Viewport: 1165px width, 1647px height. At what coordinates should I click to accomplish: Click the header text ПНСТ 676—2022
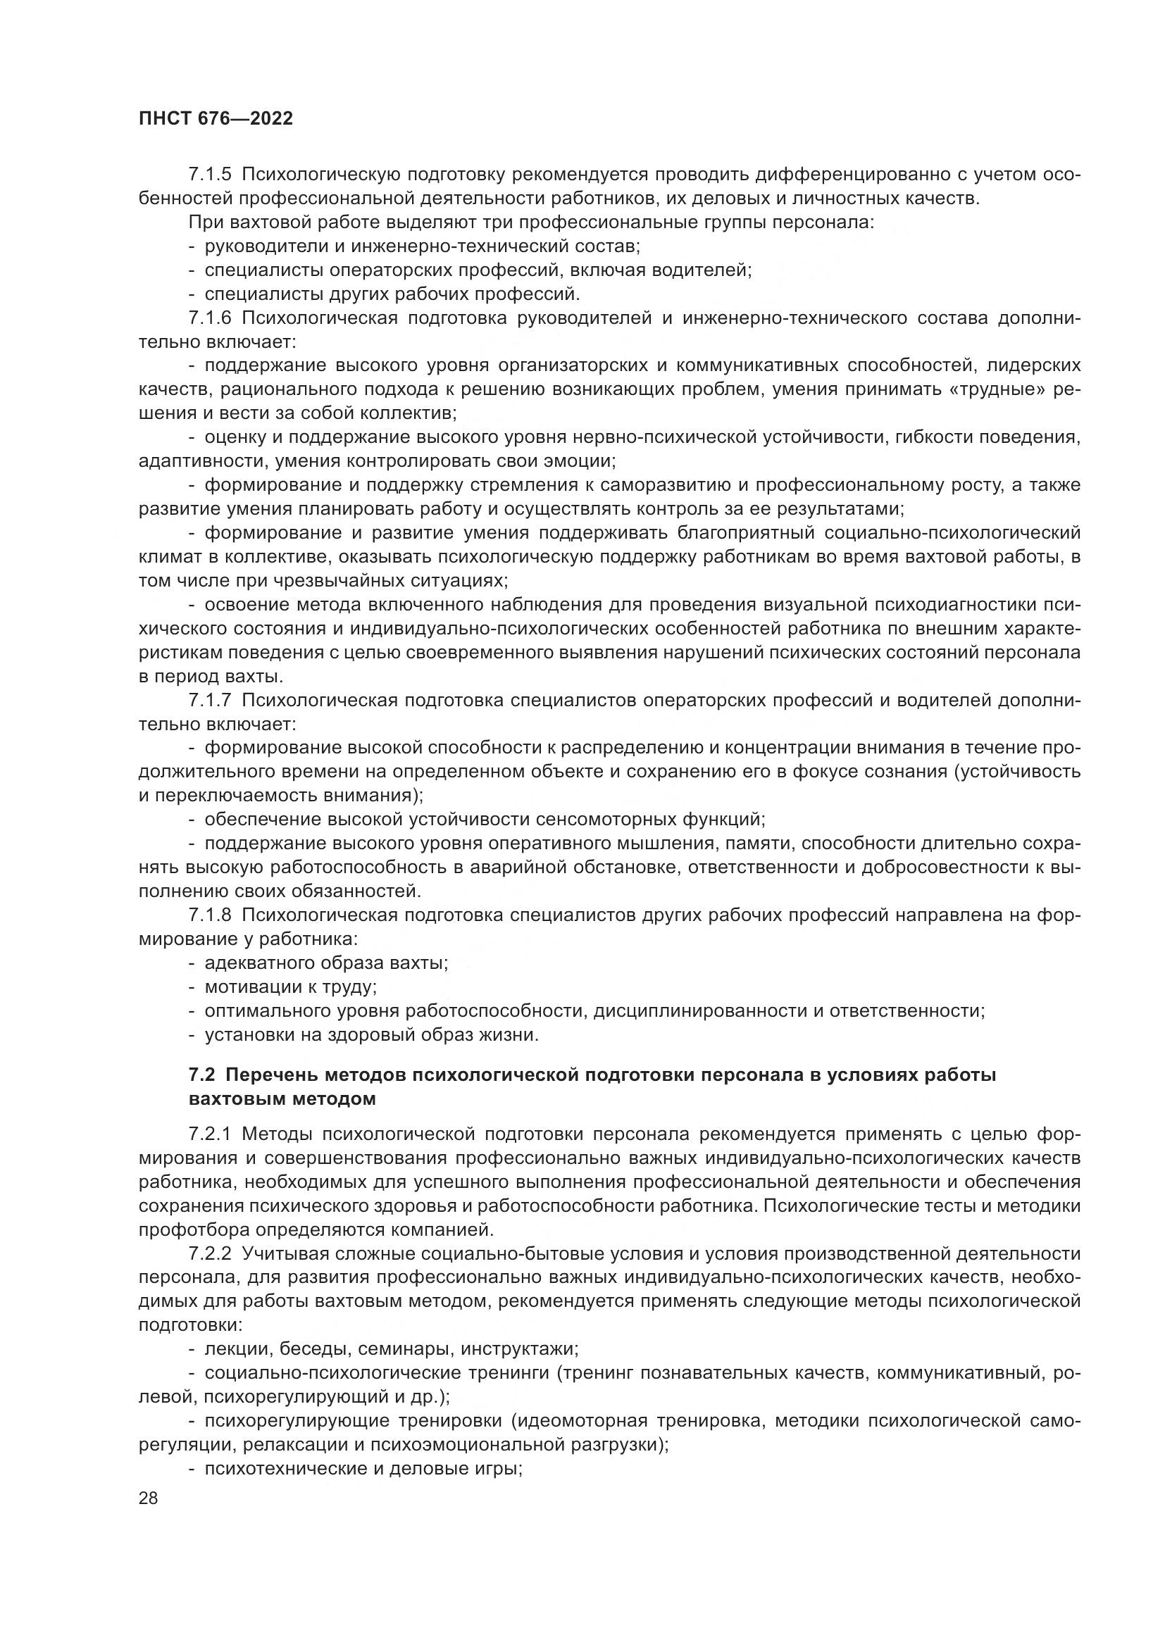216,119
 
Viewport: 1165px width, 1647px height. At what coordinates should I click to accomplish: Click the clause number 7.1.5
210,175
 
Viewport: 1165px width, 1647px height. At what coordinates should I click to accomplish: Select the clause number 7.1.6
210,318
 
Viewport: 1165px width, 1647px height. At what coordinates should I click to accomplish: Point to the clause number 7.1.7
210,700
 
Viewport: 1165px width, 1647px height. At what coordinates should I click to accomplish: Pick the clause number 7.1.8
210,915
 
